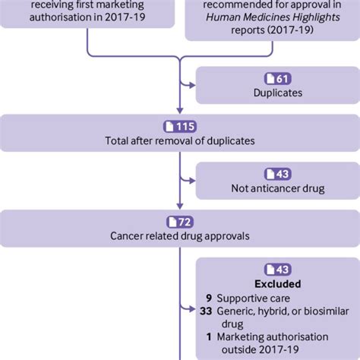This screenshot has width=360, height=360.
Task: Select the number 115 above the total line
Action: [x=185, y=125]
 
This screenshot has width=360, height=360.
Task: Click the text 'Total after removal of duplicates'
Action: [x=179, y=141]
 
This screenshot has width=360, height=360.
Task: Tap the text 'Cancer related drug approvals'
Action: [x=179, y=235]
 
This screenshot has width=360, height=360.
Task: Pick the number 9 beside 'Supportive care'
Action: [x=208, y=299]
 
